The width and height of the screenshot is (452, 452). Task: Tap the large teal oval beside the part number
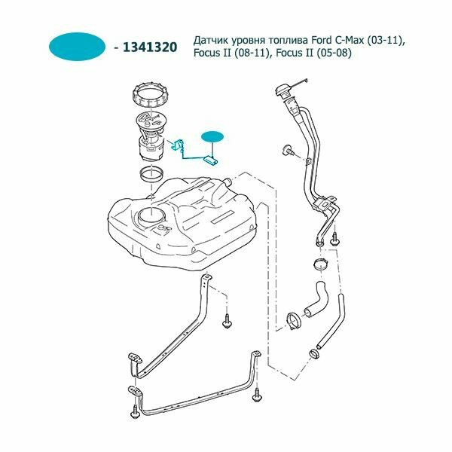point(78,47)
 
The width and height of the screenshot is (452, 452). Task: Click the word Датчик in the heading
point(212,39)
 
